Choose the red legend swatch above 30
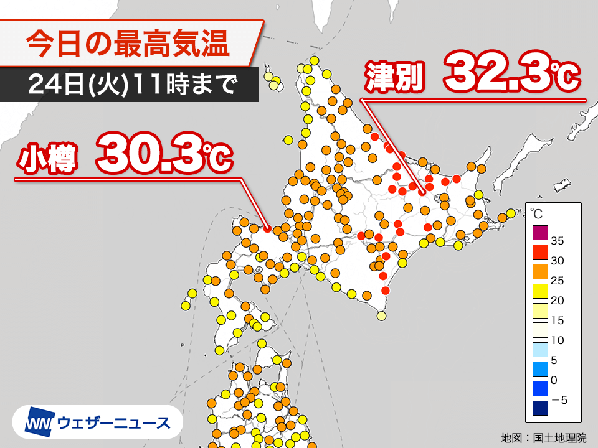point(539,252)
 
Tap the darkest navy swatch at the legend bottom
point(539,408)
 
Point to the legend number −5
point(558,400)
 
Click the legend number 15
point(558,320)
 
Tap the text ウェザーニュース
point(113,423)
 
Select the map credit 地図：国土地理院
point(544,437)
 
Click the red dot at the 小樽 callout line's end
point(267,229)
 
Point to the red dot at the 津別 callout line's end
point(422,192)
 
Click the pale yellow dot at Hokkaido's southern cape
point(381,316)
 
